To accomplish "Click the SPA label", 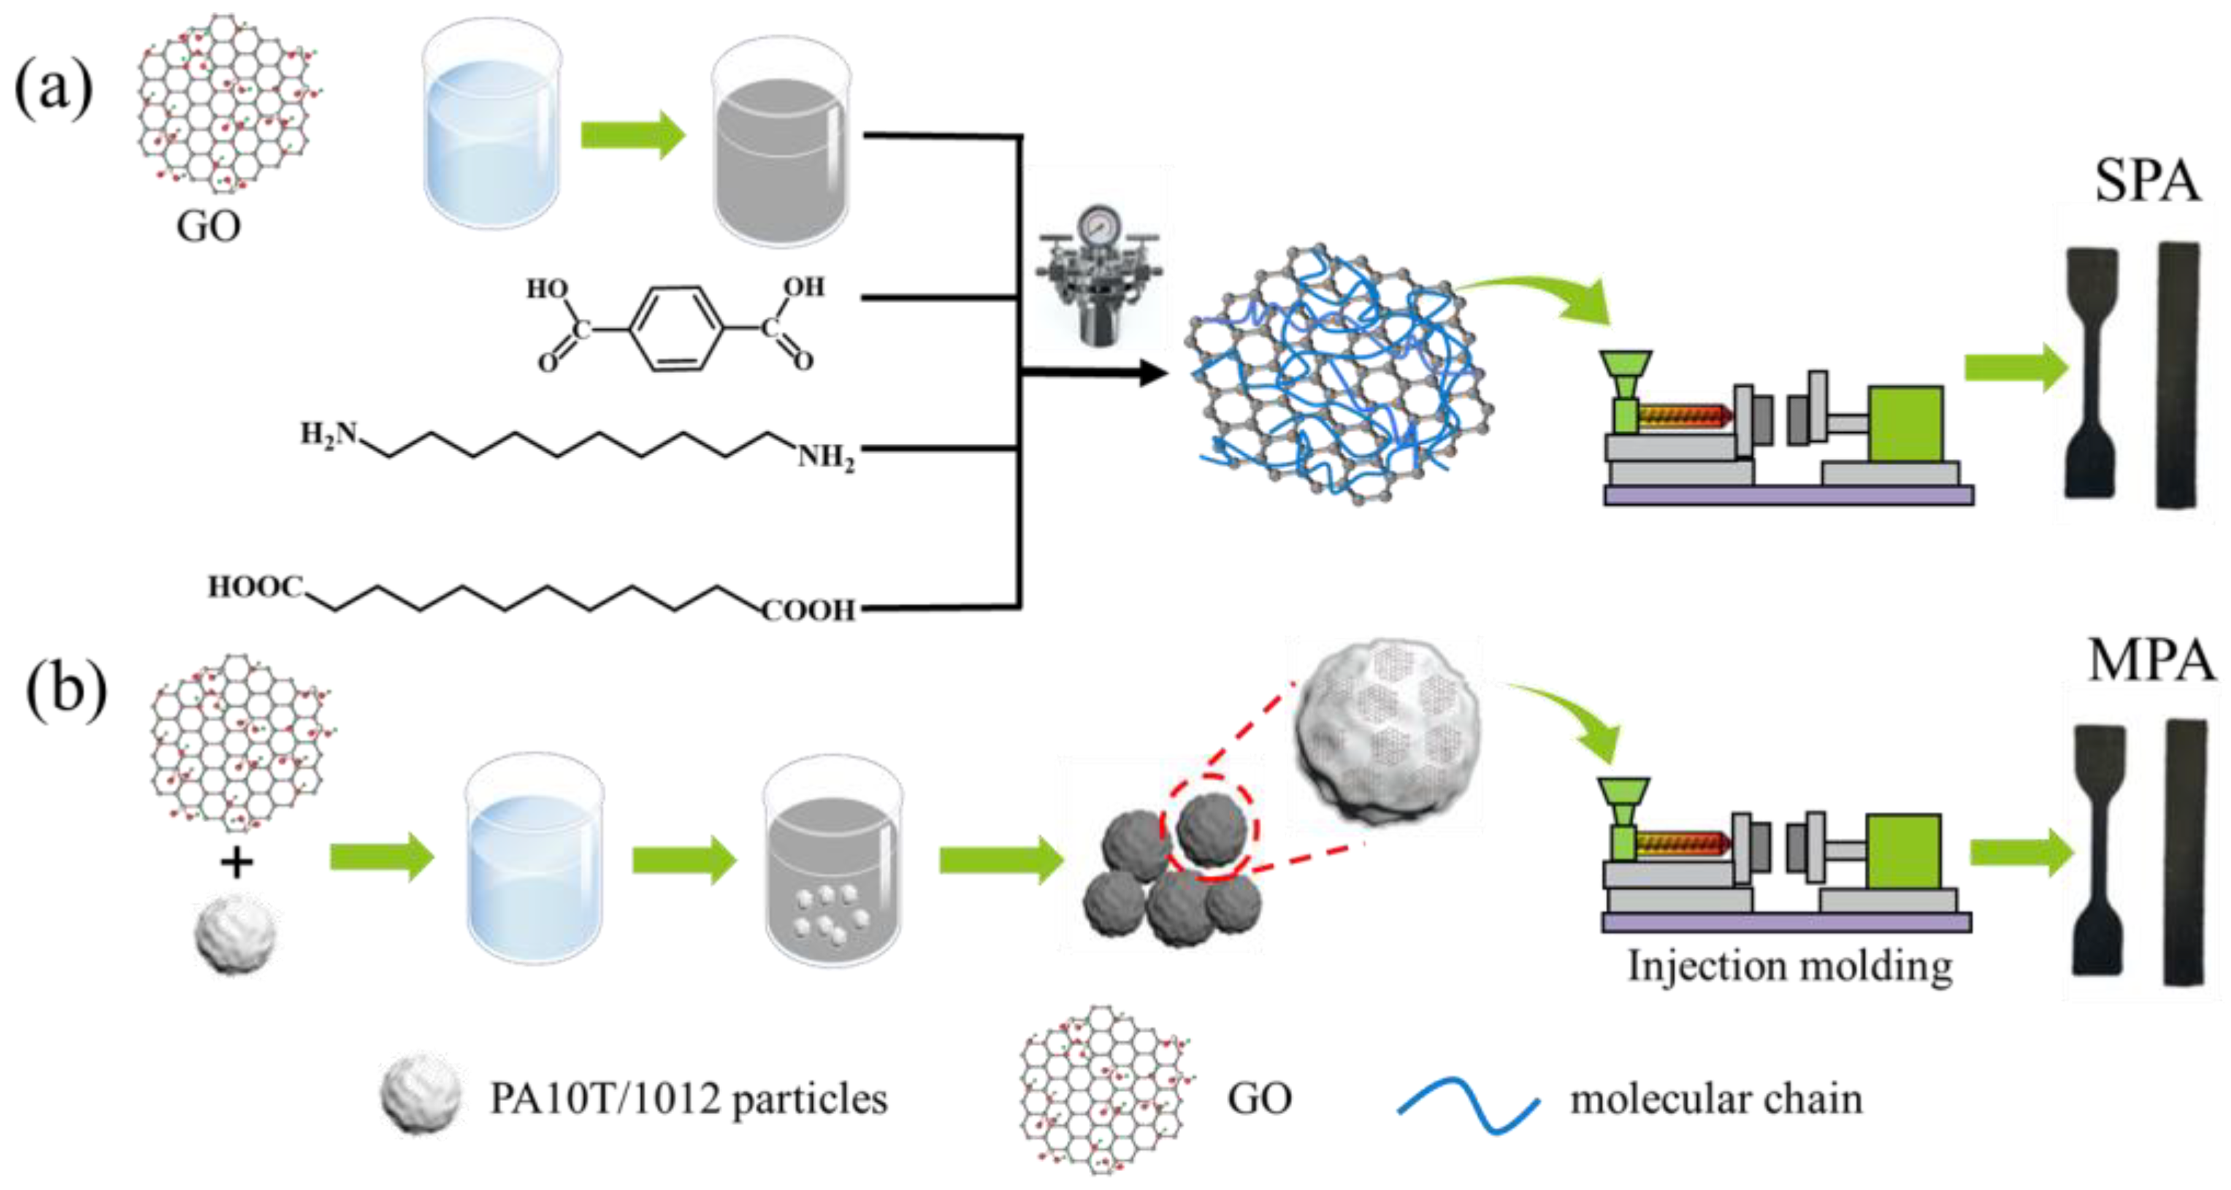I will [2146, 182].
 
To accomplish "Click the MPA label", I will [2151, 661].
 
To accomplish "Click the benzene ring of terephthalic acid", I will [676, 329].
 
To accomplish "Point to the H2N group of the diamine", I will [329, 433].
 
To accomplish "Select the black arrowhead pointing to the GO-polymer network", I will [1152, 374].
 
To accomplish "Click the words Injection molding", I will [1789, 967].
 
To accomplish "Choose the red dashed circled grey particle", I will [1211, 828].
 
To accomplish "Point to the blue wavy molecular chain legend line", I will [1467, 1106].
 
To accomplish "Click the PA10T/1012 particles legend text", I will [689, 1100].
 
